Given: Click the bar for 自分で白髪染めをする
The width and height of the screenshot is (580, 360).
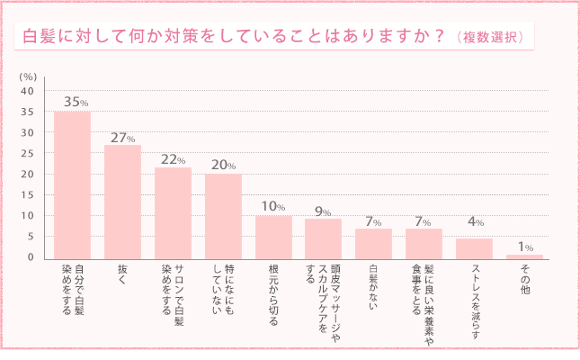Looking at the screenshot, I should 72,184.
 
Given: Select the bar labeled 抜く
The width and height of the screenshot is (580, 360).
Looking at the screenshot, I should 122,202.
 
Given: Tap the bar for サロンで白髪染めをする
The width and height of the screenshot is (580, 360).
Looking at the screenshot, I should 173,212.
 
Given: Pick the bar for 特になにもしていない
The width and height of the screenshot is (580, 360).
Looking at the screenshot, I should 223,216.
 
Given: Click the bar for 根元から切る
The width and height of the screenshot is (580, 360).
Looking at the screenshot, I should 273,237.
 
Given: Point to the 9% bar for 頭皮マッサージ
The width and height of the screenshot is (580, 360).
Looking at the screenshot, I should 323,238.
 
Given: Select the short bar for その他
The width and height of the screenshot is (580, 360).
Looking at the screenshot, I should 524,256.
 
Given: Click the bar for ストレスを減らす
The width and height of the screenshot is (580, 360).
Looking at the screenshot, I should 474,248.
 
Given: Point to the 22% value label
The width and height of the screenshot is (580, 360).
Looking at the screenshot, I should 174,158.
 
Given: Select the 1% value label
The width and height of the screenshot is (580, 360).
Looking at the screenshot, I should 525,247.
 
